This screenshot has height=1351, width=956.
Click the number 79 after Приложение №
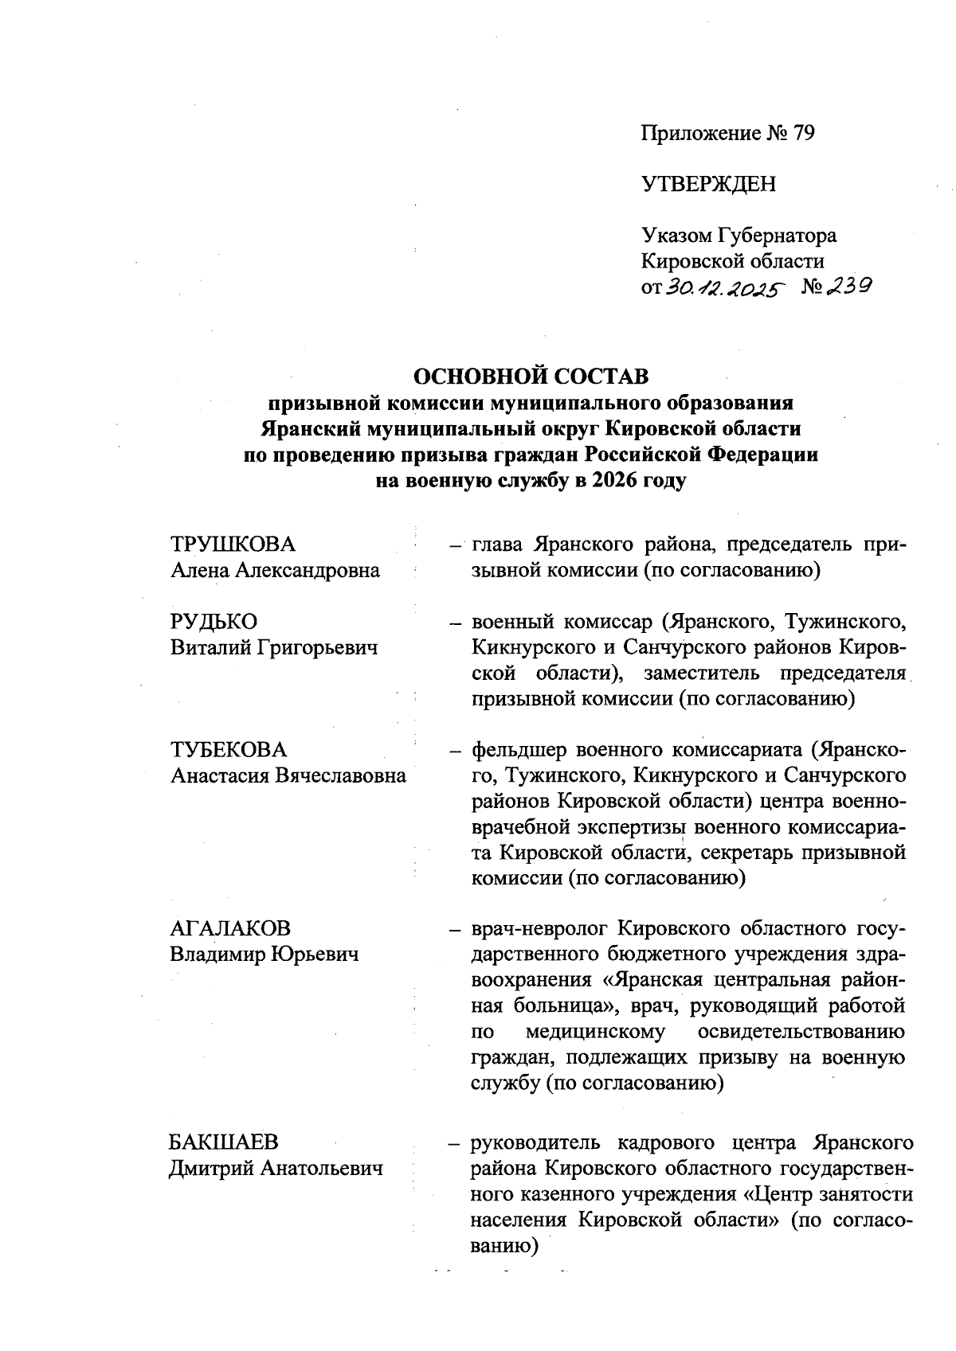(x=802, y=134)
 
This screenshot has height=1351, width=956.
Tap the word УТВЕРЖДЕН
(x=708, y=185)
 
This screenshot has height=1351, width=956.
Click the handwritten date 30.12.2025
(x=723, y=287)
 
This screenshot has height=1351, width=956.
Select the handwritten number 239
(x=847, y=286)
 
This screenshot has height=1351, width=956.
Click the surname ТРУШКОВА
(x=233, y=545)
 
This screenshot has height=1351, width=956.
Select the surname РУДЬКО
(x=214, y=622)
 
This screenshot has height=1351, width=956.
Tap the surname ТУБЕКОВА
(x=229, y=750)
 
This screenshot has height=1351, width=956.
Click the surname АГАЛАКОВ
(x=230, y=928)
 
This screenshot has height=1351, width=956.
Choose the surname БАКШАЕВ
(x=224, y=1142)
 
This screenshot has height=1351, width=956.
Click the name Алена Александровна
(x=275, y=570)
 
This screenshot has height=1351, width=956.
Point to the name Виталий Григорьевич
(x=274, y=647)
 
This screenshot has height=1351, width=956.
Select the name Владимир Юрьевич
(x=264, y=954)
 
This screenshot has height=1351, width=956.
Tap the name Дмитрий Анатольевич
(x=276, y=1168)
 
